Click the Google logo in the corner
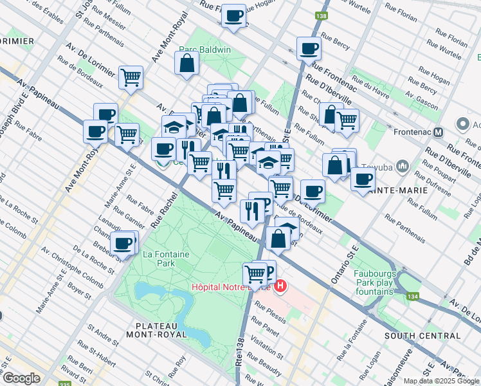pos(21,378)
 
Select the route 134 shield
pos(412,297)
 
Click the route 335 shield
pos(64,384)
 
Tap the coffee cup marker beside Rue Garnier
pos(123,244)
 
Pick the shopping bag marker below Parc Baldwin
pos(186,63)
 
